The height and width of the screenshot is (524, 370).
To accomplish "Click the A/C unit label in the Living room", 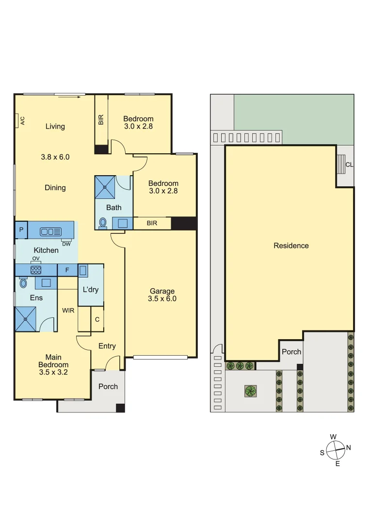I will point(22,120).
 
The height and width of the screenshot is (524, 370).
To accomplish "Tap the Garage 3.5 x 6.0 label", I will point(162,295).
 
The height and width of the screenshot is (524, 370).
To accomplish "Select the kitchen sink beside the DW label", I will point(50,231).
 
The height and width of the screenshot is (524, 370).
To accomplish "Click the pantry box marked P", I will point(21,230).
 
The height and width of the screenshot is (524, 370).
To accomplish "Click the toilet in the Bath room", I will point(103,222).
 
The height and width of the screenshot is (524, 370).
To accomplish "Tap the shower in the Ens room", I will point(26,319).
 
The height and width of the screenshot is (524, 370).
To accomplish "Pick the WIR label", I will point(68,310).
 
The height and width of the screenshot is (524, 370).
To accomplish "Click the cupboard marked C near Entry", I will point(97,319).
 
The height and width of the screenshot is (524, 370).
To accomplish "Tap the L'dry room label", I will point(91,290).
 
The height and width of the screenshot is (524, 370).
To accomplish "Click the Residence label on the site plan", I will point(291,246).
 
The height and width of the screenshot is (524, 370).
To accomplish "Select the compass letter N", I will point(348,447).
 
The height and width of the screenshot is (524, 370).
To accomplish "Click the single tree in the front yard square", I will point(250,391).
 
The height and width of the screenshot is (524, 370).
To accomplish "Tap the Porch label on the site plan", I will point(291,352).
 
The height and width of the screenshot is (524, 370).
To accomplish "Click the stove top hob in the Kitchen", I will point(36,270).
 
